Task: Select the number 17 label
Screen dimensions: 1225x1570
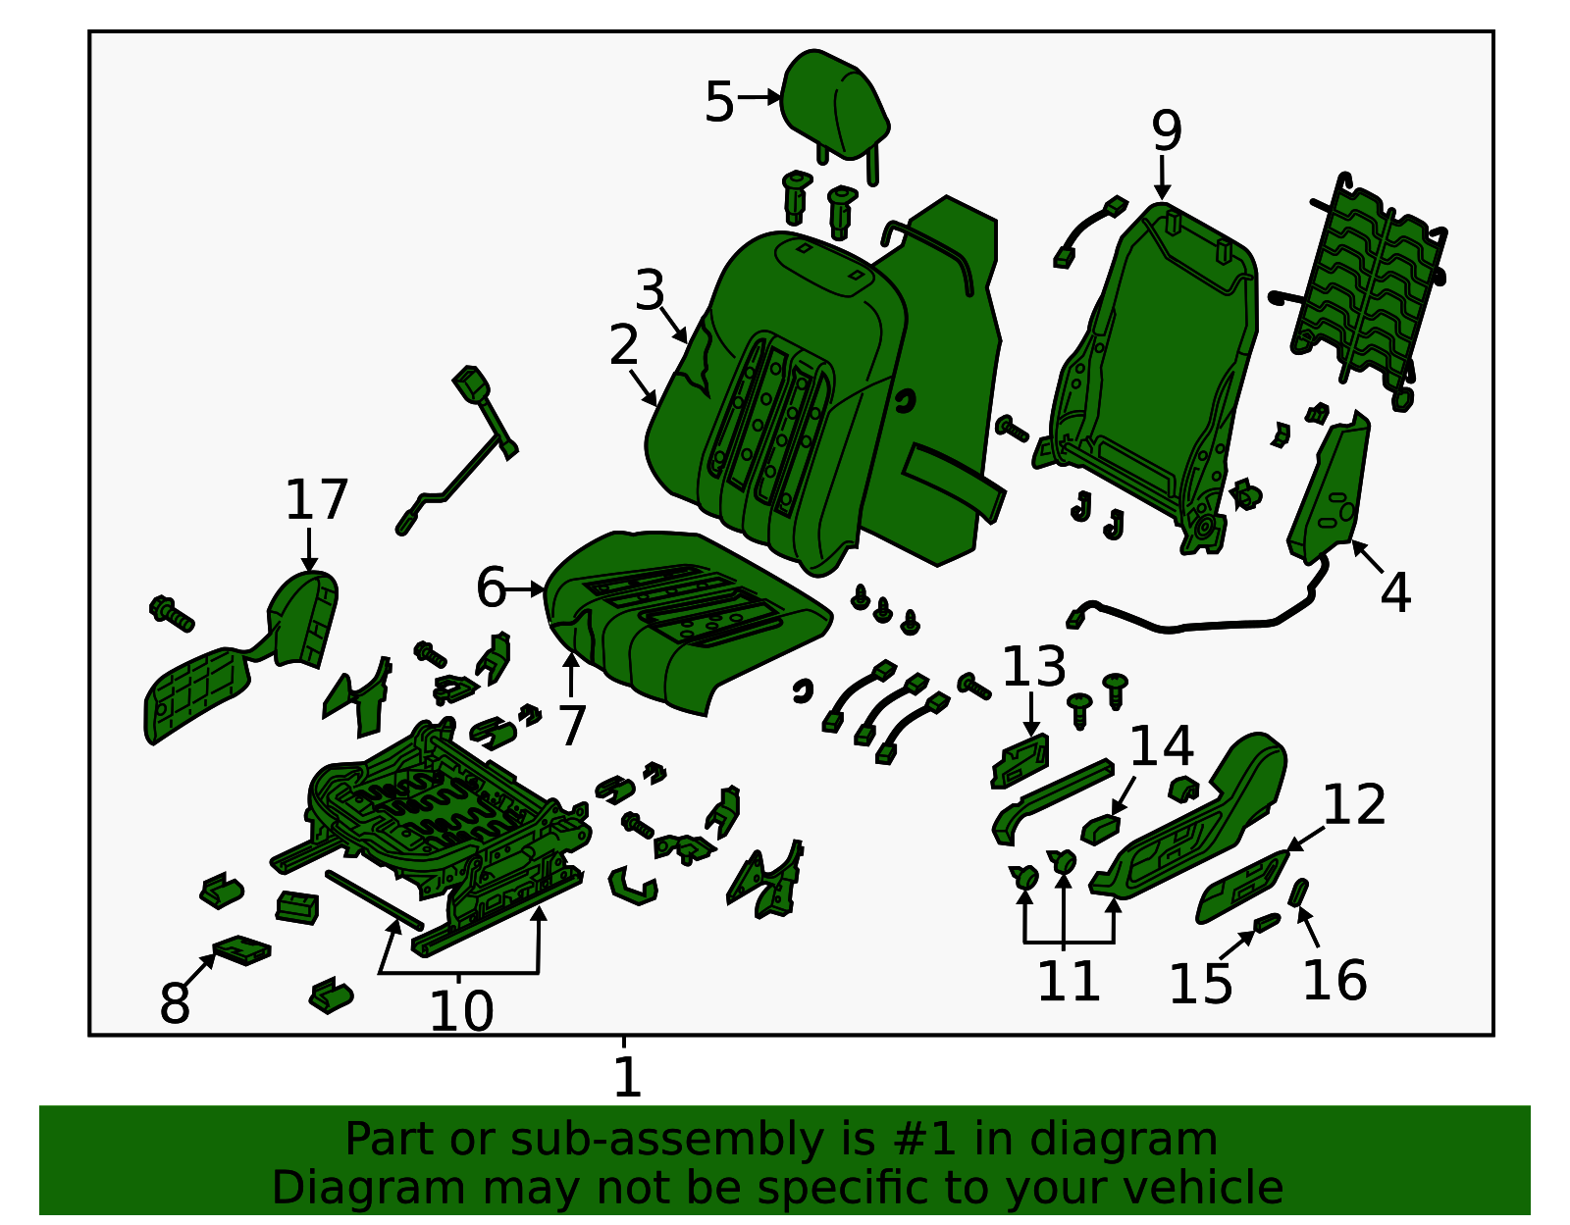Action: click(x=316, y=500)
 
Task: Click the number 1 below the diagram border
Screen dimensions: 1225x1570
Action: click(x=626, y=1078)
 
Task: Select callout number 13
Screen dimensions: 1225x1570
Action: click(x=1033, y=668)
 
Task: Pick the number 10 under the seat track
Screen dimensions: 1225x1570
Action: click(x=460, y=1011)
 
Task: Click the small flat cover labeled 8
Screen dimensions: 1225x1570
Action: click(x=241, y=949)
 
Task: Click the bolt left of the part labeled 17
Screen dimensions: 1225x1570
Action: click(x=172, y=613)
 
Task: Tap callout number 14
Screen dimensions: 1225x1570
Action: click(x=1161, y=746)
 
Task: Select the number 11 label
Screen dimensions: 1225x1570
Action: click(x=1068, y=981)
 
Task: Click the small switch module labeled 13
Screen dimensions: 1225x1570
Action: click(x=1020, y=761)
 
